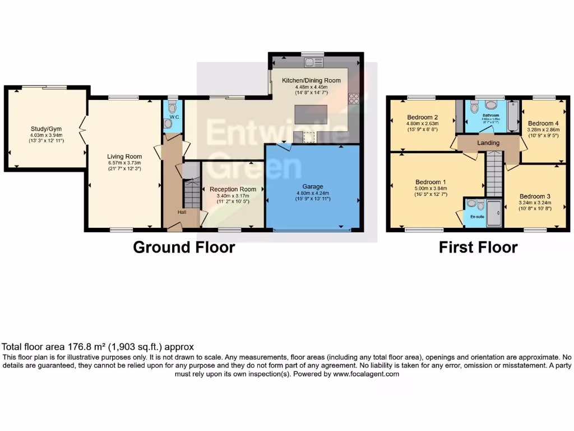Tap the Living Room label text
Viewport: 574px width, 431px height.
(x=124, y=157)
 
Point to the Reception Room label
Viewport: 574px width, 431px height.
(x=233, y=189)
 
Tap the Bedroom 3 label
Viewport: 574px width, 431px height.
(x=534, y=196)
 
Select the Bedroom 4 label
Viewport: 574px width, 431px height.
(x=543, y=123)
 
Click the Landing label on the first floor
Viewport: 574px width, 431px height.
(x=488, y=143)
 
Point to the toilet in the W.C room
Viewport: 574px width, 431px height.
(x=172, y=107)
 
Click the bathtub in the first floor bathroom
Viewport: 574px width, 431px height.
(x=513, y=117)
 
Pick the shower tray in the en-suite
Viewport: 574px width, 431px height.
(x=495, y=213)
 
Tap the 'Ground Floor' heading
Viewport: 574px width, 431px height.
(x=184, y=247)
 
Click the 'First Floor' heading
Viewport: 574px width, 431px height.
(x=478, y=247)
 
